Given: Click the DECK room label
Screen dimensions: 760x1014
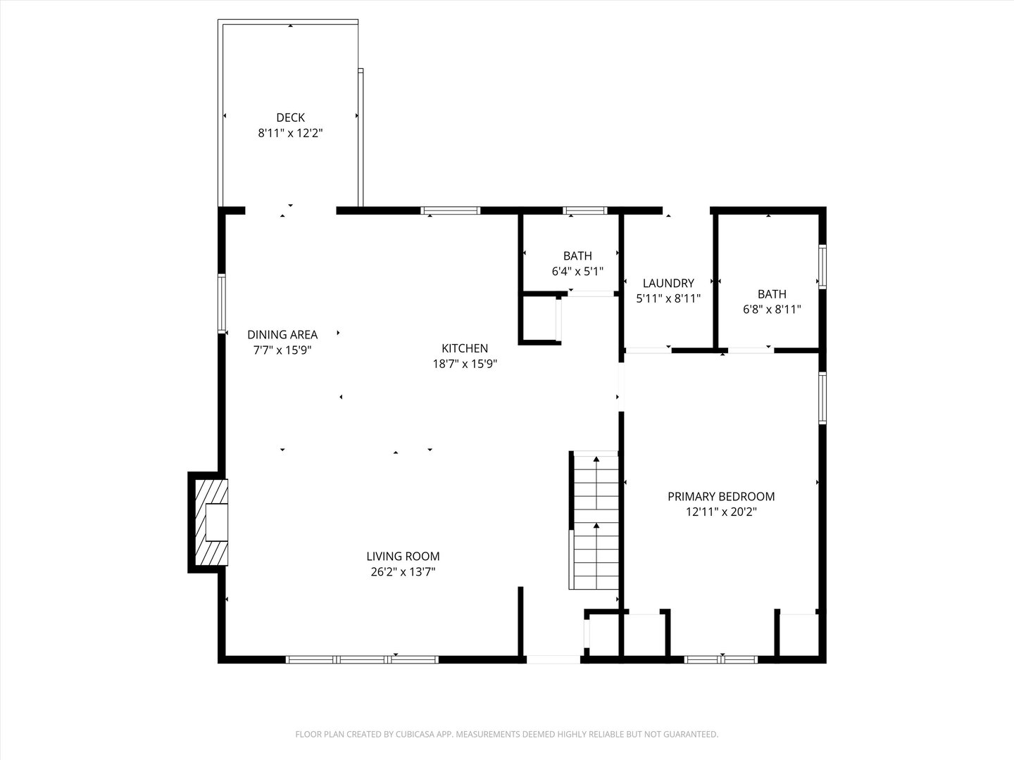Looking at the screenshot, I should pos(290,118).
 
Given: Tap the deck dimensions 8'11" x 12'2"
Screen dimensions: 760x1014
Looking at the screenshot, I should pos(290,132).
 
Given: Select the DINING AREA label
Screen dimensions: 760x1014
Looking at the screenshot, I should pos(282,335).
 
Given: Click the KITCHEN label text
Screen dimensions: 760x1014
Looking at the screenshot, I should pos(465,348).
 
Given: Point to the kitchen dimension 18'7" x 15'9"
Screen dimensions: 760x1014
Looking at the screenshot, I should pos(465,364).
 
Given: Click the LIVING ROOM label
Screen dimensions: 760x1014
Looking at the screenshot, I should pos(403,557).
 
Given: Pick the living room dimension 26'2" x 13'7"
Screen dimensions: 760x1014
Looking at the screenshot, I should pos(403,572).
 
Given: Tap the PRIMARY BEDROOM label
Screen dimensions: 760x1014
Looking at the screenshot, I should pos(721,496).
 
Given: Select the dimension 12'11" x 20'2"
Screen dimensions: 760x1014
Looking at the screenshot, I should pos(721,512).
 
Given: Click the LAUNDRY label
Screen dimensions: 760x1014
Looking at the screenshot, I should pos(668,283).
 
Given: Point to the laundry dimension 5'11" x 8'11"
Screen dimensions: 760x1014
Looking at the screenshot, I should pos(668,298).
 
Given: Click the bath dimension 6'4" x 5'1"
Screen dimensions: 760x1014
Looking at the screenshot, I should pos(577,271).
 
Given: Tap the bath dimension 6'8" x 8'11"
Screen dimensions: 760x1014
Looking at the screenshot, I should pos(772,309).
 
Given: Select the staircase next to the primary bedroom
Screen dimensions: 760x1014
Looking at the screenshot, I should pos(595,521).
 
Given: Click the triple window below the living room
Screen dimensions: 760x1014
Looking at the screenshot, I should pos(362,659).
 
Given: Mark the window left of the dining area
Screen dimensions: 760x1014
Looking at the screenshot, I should pos(222,303).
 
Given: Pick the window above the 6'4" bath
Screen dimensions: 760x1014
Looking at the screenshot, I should pos(584,210).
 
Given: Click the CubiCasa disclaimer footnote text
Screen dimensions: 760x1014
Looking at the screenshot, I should pos(506,734).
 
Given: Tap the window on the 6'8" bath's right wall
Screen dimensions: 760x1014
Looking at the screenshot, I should pos(822,266).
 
